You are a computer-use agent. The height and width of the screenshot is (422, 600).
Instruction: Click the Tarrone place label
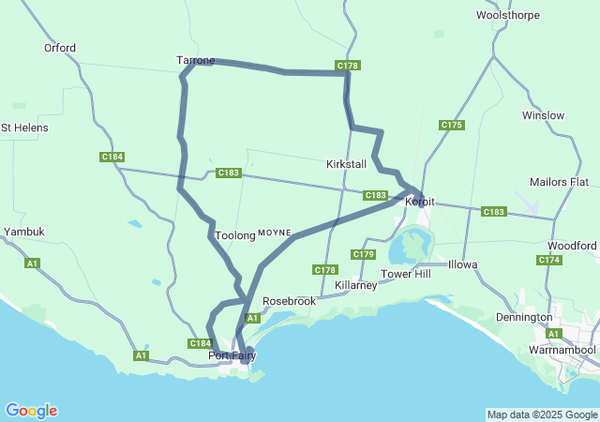(x=195, y=60)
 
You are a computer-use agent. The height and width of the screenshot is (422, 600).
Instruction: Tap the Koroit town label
(x=420, y=202)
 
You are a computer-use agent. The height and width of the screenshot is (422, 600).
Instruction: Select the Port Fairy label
(x=232, y=355)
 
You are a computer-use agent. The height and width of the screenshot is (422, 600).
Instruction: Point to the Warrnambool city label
(x=562, y=350)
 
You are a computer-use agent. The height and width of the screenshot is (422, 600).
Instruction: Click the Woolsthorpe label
(x=507, y=15)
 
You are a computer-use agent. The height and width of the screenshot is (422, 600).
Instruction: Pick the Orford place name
(x=60, y=48)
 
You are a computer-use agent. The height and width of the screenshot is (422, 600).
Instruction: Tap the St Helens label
(x=24, y=127)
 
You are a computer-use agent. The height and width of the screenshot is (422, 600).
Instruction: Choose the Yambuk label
(x=24, y=231)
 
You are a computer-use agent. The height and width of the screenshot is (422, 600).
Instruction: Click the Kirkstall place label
(x=346, y=164)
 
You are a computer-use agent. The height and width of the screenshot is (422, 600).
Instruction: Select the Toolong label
(x=234, y=235)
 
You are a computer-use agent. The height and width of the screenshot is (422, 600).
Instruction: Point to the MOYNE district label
(x=275, y=232)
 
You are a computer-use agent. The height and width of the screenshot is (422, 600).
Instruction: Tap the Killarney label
(x=355, y=284)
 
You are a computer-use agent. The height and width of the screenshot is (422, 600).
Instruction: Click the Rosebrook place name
(x=289, y=301)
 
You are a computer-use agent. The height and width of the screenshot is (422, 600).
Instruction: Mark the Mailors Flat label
(x=559, y=181)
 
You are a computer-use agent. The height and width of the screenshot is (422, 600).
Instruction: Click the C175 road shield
(x=452, y=125)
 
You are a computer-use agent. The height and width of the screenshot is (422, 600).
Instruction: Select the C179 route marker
(x=363, y=254)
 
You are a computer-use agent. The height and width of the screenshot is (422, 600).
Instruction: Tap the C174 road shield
(x=550, y=260)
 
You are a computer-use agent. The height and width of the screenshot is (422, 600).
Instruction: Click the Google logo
(x=31, y=410)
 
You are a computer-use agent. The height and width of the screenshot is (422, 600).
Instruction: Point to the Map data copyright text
(x=542, y=414)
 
